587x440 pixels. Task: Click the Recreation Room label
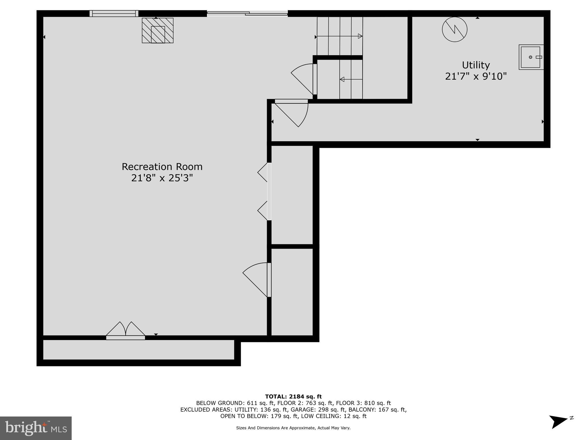pyautogui.click(x=162, y=167)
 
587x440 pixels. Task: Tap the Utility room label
pyautogui.click(x=476, y=65)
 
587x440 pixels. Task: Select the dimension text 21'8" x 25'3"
pyautogui.click(x=162, y=178)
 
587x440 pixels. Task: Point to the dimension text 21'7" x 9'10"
pyautogui.click(x=476, y=76)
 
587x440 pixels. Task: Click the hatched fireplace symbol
pyautogui.click(x=158, y=30)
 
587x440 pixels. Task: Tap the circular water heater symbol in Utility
pyautogui.click(x=455, y=29)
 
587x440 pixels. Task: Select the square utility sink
pyautogui.click(x=531, y=57)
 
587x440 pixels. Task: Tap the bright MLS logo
pyautogui.click(x=36, y=428)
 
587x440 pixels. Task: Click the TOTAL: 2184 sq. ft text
pyautogui.click(x=293, y=396)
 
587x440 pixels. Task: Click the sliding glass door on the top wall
pyautogui.click(x=247, y=13)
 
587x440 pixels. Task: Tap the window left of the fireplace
pyautogui.click(x=114, y=13)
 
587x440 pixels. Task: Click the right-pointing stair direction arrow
pyautogui.click(x=339, y=36)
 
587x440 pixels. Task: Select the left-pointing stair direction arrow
pyautogui.click(x=351, y=79)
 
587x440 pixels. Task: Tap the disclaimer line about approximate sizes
pyautogui.click(x=293, y=428)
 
